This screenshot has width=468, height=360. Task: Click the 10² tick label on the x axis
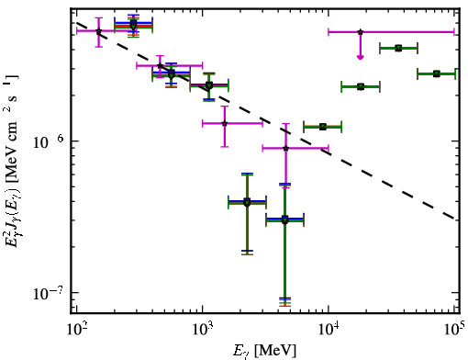coord(77,330)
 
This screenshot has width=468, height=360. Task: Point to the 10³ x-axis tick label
coord(203,330)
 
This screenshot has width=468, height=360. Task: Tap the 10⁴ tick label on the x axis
coord(329,330)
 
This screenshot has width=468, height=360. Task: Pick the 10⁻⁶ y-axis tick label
coord(47,141)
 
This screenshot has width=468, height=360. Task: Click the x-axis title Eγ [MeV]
coord(264,351)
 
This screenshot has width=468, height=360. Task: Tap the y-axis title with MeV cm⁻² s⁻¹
coord(13,161)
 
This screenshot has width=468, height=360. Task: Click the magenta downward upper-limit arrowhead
coord(361,57)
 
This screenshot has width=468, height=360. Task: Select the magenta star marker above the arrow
coord(361,32)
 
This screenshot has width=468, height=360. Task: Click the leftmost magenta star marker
coord(98,31)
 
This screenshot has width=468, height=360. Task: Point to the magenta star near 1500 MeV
coord(225,123)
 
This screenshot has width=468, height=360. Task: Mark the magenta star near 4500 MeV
coord(285,148)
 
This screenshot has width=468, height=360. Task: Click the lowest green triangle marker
coord(284,220)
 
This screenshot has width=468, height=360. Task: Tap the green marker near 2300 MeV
coord(247,202)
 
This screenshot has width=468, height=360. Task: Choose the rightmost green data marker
coord(437,73)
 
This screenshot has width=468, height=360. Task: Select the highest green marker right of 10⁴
coord(398,48)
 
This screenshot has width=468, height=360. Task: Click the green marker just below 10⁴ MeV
coord(323,127)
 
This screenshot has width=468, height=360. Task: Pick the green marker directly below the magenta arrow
coord(361,87)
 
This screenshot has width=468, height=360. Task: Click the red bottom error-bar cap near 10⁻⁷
coord(284,306)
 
